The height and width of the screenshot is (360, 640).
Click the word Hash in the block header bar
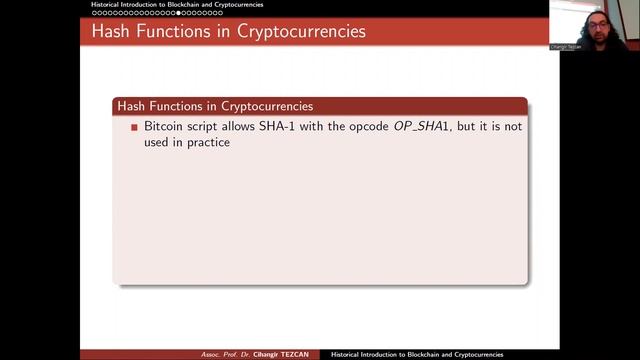(x=131, y=105)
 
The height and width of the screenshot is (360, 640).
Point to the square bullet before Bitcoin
(x=134, y=129)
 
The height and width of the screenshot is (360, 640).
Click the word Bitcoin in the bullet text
(x=165, y=128)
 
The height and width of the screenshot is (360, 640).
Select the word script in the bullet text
(x=207, y=128)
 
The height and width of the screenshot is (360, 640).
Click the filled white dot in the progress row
(x=179, y=13)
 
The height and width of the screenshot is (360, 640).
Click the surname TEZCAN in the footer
(x=303, y=355)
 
